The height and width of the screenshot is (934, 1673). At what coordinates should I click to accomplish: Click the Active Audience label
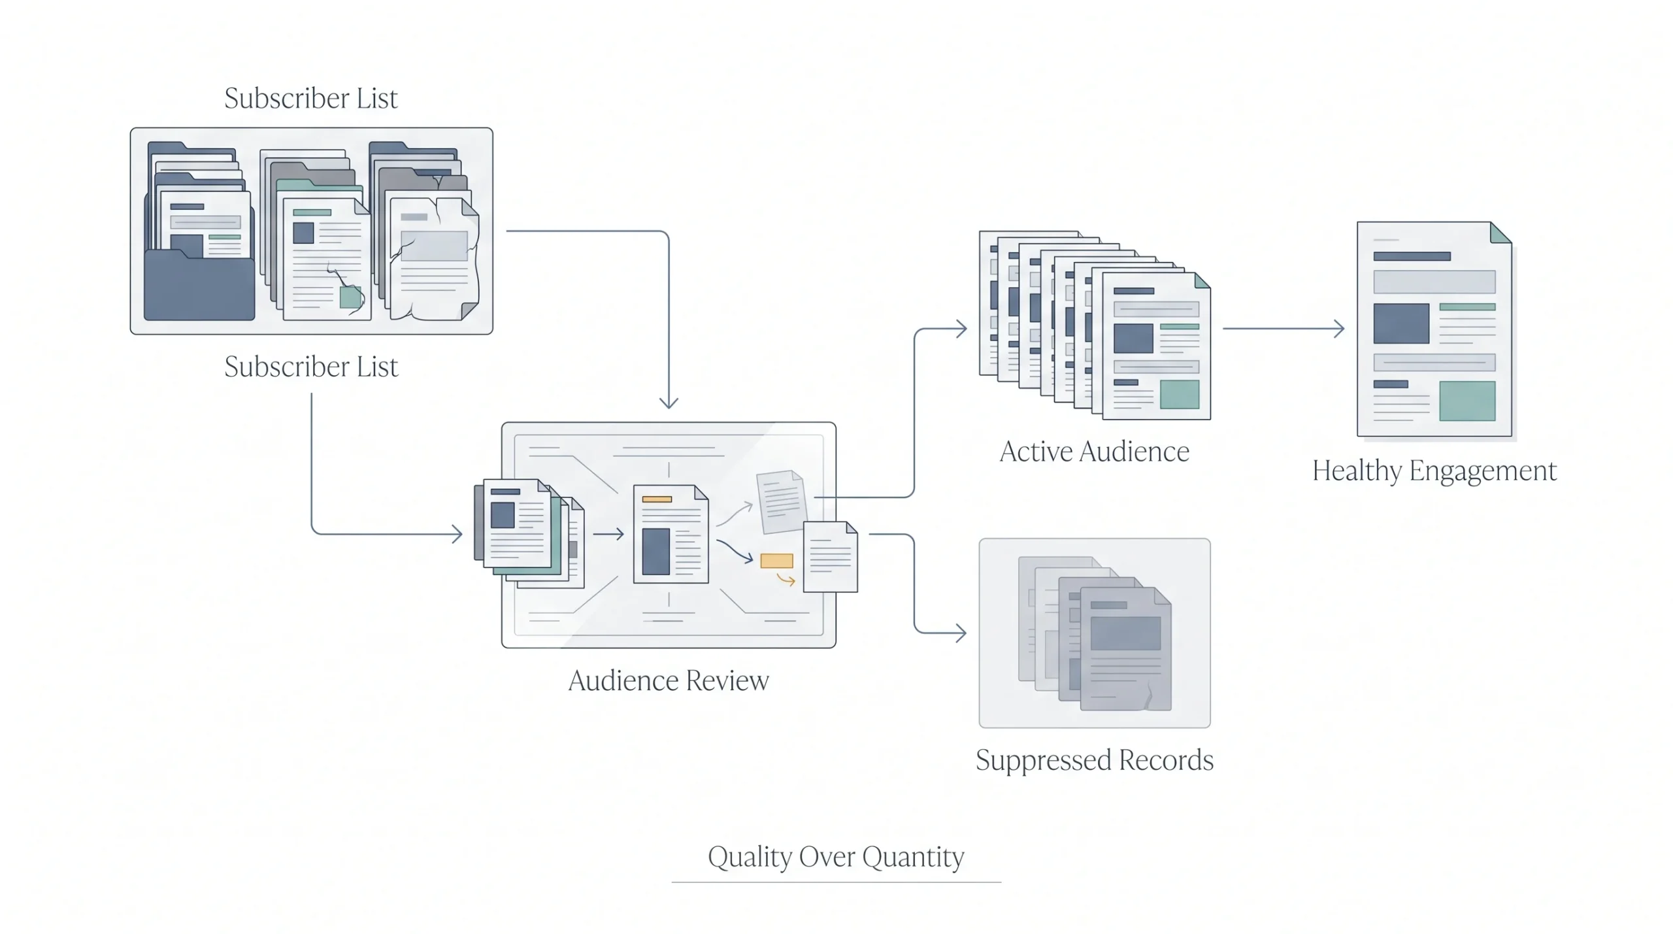click(1095, 452)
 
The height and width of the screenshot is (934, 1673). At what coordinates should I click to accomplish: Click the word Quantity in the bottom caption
click(913, 858)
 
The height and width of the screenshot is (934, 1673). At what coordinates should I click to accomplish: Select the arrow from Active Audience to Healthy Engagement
click(1284, 328)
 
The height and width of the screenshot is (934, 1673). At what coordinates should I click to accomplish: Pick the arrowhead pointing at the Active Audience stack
click(961, 328)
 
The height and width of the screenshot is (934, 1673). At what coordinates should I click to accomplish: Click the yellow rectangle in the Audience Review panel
click(776, 561)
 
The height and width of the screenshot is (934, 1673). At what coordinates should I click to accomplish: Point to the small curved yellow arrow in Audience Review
click(786, 579)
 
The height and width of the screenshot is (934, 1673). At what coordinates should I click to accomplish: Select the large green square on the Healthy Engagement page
click(1467, 401)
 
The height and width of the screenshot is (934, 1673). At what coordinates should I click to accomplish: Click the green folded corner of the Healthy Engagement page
click(1500, 233)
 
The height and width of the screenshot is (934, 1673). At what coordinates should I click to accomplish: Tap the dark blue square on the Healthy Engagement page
click(1401, 324)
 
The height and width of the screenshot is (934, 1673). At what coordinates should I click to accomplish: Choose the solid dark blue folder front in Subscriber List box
click(199, 285)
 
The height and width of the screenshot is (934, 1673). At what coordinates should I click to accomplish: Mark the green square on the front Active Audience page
click(1180, 394)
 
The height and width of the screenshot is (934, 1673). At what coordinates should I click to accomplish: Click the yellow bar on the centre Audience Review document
click(657, 499)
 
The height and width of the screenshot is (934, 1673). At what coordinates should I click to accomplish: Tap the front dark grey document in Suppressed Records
click(1125, 649)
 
